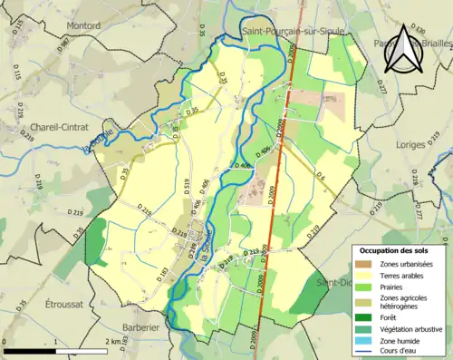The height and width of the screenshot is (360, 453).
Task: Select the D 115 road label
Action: pos(18,73)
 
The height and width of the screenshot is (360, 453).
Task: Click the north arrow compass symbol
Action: pos(402,46)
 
